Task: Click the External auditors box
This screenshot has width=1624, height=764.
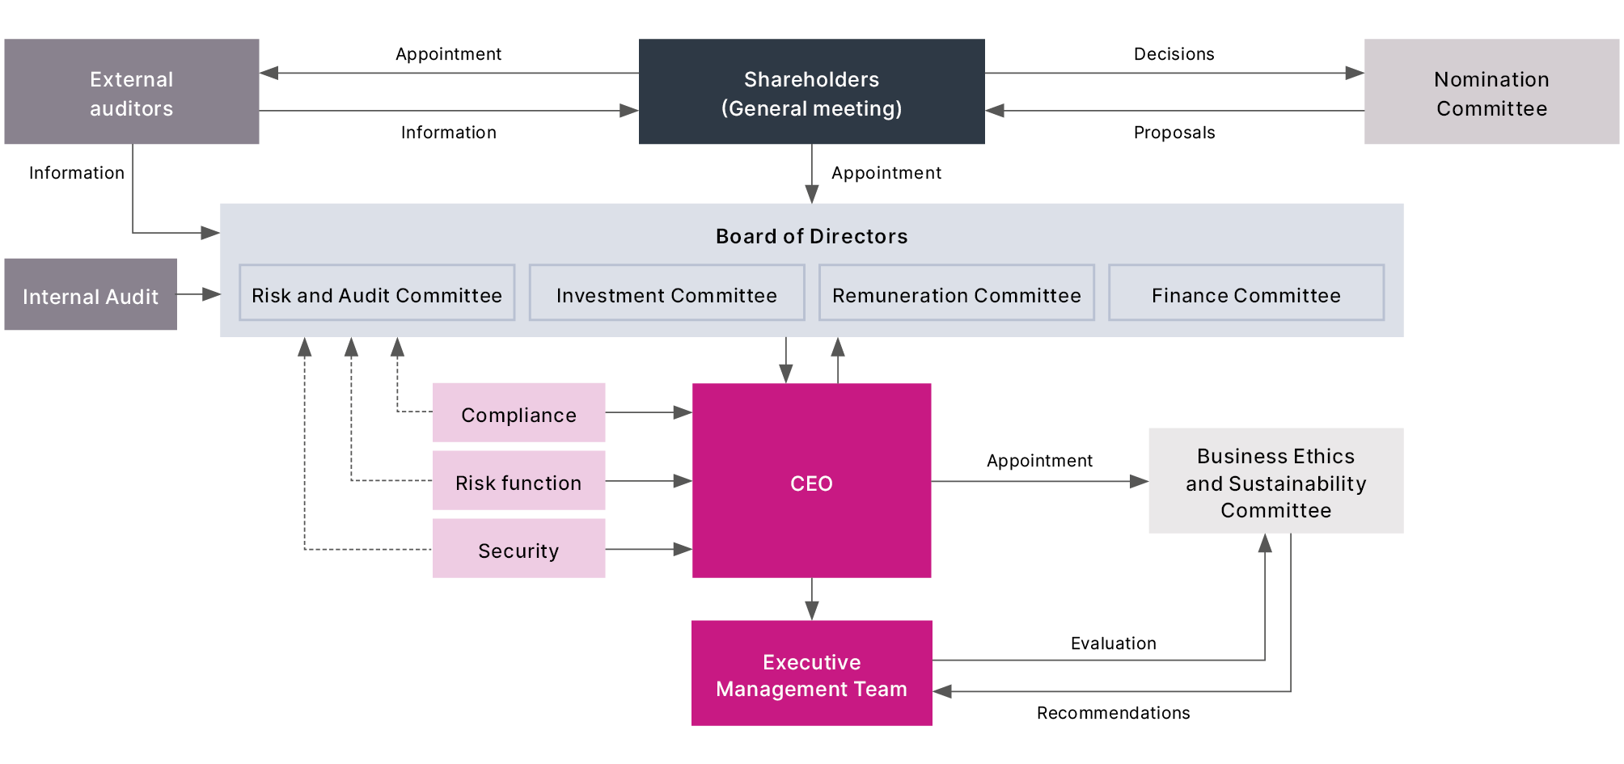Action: click(x=132, y=92)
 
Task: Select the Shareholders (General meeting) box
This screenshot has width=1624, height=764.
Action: click(x=811, y=92)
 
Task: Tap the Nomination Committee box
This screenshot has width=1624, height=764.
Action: click(x=1491, y=92)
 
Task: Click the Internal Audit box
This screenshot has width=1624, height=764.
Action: click(x=91, y=295)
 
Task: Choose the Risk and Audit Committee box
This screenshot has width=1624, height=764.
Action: click(x=377, y=293)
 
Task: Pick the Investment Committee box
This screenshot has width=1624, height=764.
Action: click(x=666, y=293)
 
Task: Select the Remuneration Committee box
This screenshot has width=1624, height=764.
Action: click(x=956, y=293)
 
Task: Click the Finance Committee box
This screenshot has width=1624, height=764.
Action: click(x=1245, y=293)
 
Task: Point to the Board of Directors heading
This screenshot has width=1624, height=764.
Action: click(x=811, y=236)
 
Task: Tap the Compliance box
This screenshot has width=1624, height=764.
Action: click(x=518, y=413)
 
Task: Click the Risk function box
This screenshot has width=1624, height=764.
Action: click(x=518, y=481)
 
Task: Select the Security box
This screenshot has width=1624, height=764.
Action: click(x=518, y=549)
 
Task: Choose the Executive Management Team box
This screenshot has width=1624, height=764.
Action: click(x=811, y=673)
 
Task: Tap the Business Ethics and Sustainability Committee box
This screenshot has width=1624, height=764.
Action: click(x=1275, y=481)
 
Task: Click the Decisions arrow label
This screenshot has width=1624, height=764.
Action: click(x=1174, y=54)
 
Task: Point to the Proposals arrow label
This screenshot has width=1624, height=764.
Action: click(x=1174, y=133)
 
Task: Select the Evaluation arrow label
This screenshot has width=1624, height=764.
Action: click(x=1113, y=644)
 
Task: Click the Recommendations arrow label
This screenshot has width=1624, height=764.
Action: click(x=1113, y=713)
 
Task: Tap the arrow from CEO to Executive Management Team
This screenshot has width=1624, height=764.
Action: click(x=812, y=599)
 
